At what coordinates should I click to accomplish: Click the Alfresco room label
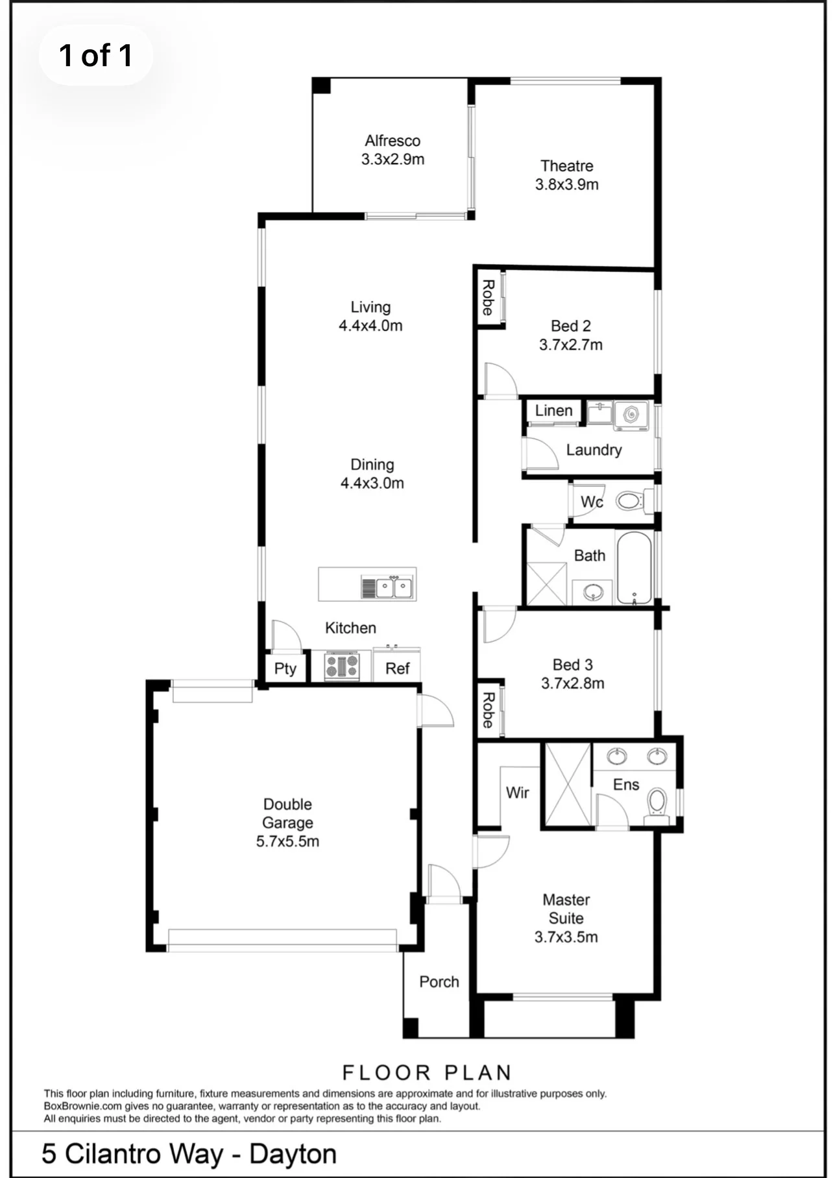click(392, 141)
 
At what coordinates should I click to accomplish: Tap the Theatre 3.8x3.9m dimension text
click(567, 184)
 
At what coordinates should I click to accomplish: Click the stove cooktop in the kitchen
click(342, 666)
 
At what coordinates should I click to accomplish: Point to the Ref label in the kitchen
click(397, 669)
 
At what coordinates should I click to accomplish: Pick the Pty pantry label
click(285, 669)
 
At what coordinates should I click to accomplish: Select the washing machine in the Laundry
click(631, 415)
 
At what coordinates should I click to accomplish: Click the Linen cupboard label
click(553, 411)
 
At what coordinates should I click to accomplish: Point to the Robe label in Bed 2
click(488, 298)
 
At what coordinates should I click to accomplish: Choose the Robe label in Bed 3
click(488, 710)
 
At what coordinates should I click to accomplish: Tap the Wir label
click(517, 792)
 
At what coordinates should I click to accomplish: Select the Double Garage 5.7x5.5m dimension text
click(287, 842)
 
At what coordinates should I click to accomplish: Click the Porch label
click(439, 982)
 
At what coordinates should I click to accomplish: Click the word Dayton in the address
click(293, 1155)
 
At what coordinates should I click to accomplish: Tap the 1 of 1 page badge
click(96, 56)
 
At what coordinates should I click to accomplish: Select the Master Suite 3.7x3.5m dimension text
click(566, 937)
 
